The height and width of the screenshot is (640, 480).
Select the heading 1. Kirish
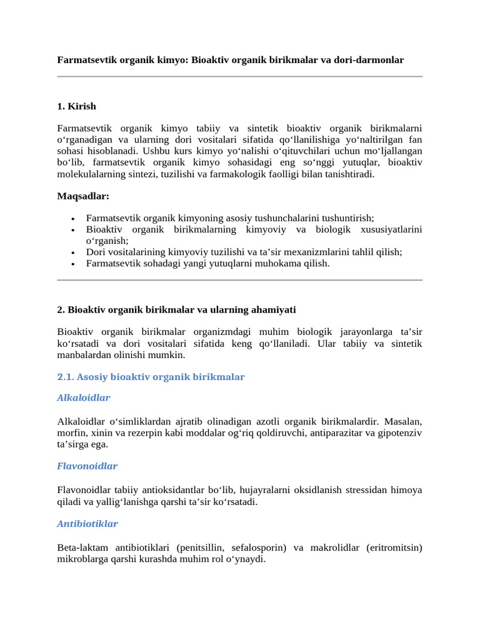76,106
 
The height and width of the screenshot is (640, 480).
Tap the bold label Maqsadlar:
83,196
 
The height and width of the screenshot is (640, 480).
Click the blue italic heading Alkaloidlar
84,397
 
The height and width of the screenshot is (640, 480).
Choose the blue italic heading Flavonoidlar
87,466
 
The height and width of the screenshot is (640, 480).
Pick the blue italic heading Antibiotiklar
87,524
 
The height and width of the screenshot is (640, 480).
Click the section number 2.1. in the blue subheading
66,377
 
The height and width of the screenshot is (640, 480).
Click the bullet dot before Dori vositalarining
74,252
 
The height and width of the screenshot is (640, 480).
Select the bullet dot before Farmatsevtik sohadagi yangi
74,264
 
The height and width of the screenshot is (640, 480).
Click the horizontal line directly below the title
240,77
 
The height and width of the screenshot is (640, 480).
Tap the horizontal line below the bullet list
240,281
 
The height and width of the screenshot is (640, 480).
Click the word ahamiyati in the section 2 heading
273,309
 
